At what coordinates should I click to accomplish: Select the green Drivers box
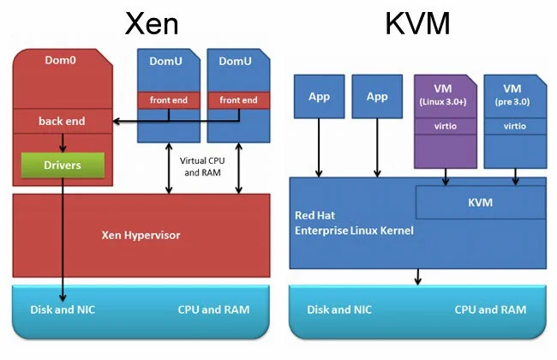pos(63,165)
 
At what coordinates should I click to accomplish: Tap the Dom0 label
pos(62,61)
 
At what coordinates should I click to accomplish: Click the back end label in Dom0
pos(62,122)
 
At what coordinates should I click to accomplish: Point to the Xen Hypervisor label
pos(141,234)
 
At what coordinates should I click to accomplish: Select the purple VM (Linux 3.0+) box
pos(445,120)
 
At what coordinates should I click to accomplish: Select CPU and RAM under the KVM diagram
pos(489,309)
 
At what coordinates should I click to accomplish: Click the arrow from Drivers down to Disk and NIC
pos(63,240)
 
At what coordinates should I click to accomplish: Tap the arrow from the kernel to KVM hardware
pos(418,276)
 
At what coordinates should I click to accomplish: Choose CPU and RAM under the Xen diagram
pos(213,309)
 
